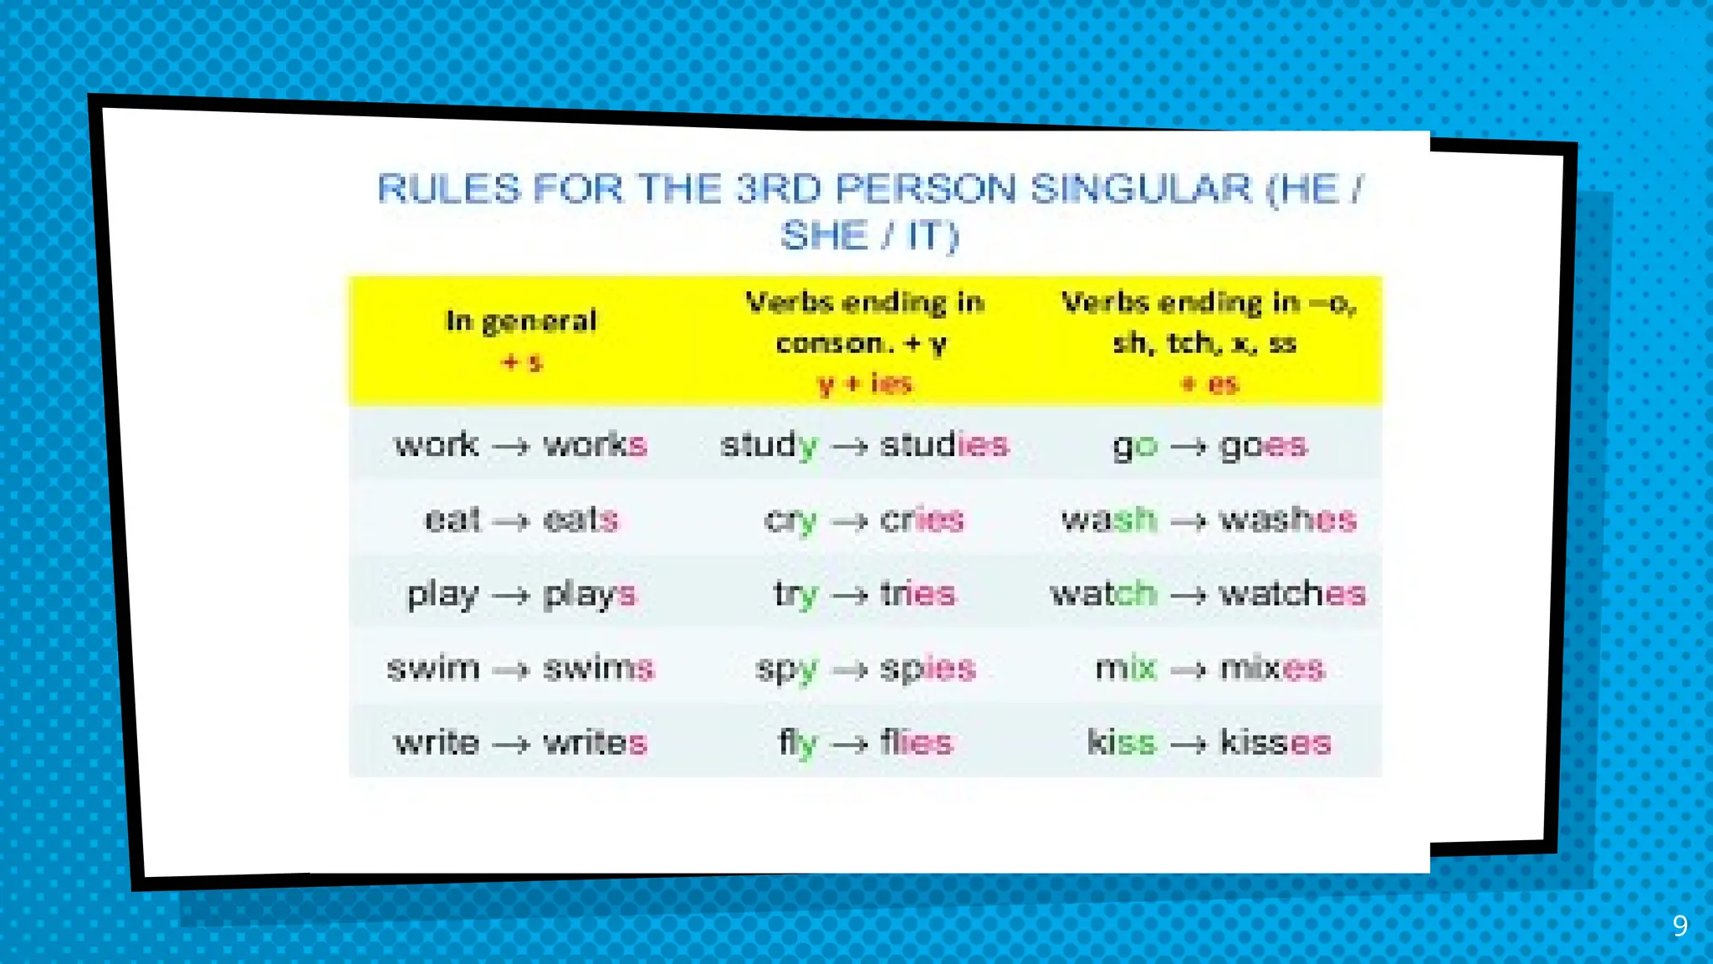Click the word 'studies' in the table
943,445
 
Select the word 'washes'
1286,520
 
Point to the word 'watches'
1291,594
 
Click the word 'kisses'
1274,742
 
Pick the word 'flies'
916,742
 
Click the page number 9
1680,926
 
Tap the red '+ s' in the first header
521,362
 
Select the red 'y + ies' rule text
864,384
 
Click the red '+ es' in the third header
1209,384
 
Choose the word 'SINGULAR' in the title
1140,188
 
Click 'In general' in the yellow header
521,320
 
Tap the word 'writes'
595,742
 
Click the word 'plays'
589,594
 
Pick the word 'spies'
927,669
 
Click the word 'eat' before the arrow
452,520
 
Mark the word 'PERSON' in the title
925,188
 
